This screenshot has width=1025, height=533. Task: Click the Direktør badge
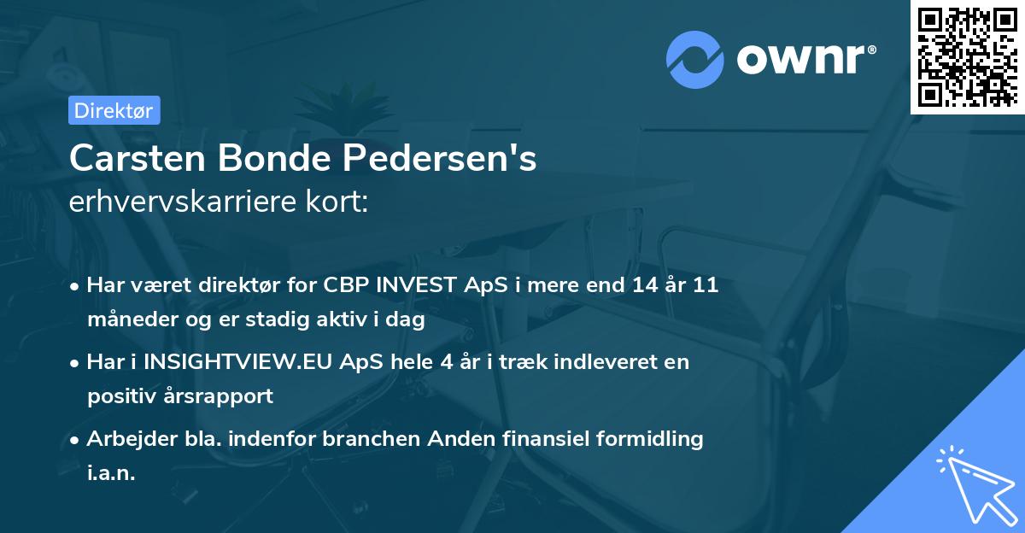pos(114,110)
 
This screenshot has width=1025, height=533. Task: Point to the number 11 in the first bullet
pos(705,285)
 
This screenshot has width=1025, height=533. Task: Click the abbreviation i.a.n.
pos(112,473)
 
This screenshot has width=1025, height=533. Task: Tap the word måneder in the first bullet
pos(127,319)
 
